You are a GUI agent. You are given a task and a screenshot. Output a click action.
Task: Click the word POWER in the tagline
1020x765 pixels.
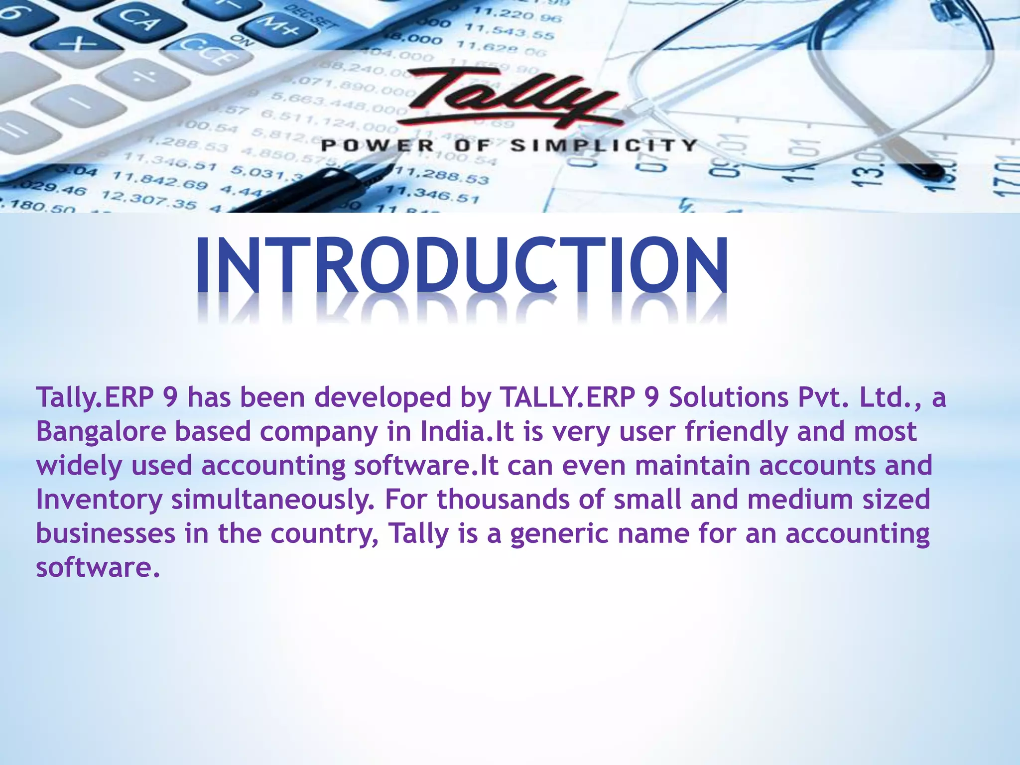378,146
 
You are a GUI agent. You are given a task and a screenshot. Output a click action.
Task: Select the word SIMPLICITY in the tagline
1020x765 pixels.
604,145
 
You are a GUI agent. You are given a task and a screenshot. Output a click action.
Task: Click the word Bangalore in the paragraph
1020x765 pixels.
101,431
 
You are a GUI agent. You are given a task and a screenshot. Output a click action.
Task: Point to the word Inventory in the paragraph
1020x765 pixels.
99,500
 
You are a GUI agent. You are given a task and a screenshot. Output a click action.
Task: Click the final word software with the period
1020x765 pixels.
98,567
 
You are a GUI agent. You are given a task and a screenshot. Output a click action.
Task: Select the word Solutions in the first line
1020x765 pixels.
728,397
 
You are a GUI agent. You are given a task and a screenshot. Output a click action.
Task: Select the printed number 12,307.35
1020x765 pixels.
149,199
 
